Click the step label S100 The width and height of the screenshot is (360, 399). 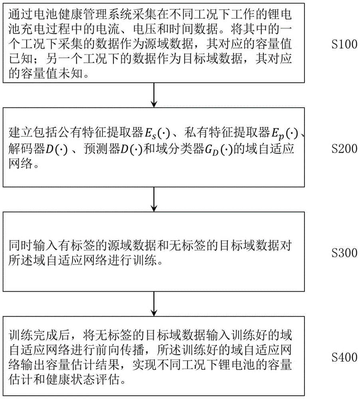344,44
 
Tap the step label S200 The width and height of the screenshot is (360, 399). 344,148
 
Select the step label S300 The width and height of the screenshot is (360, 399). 344,253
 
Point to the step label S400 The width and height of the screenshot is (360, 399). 344,357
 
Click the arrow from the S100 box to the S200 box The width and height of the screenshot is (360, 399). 154,95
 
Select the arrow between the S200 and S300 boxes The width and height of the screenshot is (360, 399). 154,199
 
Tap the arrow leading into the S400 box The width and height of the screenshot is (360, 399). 154,304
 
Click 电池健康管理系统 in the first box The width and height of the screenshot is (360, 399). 82,14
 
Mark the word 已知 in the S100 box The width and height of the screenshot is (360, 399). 21,59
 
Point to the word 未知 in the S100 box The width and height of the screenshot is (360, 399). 70,74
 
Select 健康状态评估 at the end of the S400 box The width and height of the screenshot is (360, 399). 83,380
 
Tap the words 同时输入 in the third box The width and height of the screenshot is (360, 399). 33,246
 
